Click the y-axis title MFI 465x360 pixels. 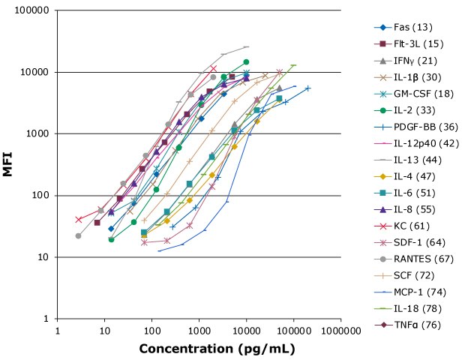click(8, 165)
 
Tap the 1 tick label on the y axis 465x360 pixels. click(47, 319)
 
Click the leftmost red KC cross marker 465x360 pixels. click(79, 219)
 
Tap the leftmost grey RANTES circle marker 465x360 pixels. click(78, 235)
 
